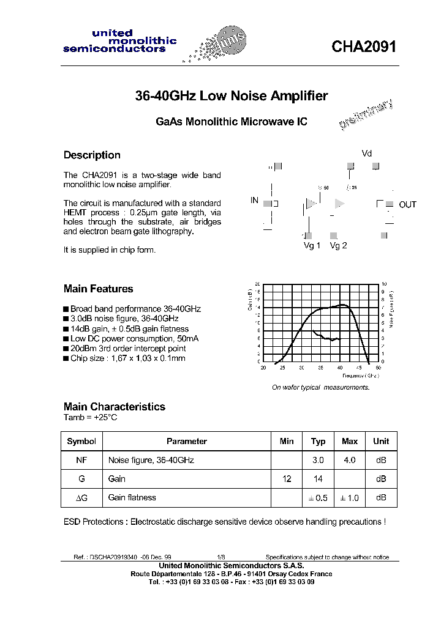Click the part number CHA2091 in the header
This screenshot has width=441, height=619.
click(364, 47)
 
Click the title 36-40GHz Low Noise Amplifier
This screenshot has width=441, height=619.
click(231, 96)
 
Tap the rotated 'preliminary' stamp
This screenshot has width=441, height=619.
click(366, 115)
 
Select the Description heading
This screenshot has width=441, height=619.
click(92, 155)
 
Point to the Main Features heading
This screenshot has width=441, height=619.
click(98, 289)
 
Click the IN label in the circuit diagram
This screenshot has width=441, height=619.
click(255, 201)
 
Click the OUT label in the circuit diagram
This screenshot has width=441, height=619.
click(407, 204)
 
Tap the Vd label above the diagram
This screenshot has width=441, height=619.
click(366, 154)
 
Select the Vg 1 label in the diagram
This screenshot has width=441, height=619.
click(312, 246)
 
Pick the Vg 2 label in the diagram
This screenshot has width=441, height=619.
click(338, 246)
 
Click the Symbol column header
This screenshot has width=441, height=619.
click(81, 441)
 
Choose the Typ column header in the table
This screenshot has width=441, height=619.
click(318, 441)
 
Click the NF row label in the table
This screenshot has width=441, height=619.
click(81, 460)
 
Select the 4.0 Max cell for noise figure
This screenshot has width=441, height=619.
click(350, 460)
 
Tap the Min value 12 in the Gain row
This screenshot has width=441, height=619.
click(287, 479)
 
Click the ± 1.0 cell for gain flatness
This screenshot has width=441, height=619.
click(350, 498)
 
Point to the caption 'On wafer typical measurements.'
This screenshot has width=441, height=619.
click(320, 387)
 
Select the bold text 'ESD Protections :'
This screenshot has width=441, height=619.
click(96, 522)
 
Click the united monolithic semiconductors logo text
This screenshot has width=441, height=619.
click(119, 41)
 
